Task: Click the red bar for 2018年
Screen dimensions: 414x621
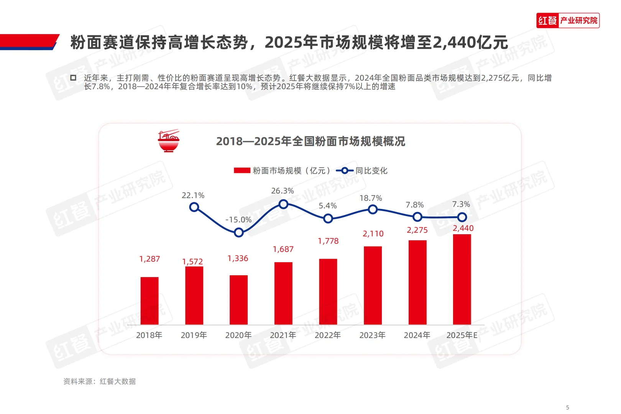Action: coord(149,301)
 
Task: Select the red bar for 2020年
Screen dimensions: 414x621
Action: coord(238,300)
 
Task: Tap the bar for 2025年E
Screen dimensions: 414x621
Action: coord(462,279)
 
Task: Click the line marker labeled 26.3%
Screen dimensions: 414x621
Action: coord(283,204)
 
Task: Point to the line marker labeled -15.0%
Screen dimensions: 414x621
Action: coord(238,232)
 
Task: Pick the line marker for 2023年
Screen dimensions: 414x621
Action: coord(373,209)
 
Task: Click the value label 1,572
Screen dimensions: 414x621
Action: coord(192,261)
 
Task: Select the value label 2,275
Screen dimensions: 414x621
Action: coord(417,230)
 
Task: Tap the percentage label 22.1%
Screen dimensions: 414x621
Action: coord(193,195)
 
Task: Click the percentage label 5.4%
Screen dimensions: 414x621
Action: coord(328,206)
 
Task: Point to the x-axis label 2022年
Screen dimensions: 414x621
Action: coord(328,335)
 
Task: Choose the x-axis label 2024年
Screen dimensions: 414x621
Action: coord(417,335)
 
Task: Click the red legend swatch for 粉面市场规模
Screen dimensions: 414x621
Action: coord(242,171)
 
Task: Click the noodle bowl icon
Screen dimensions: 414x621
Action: coord(169,141)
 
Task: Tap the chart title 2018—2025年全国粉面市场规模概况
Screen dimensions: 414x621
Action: coord(310,141)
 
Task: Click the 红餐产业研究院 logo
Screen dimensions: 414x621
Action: coord(568,20)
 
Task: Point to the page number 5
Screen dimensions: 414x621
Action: coord(568,407)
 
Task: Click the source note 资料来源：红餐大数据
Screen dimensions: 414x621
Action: coord(99,381)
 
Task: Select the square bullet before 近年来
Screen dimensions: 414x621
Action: coord(73,78)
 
